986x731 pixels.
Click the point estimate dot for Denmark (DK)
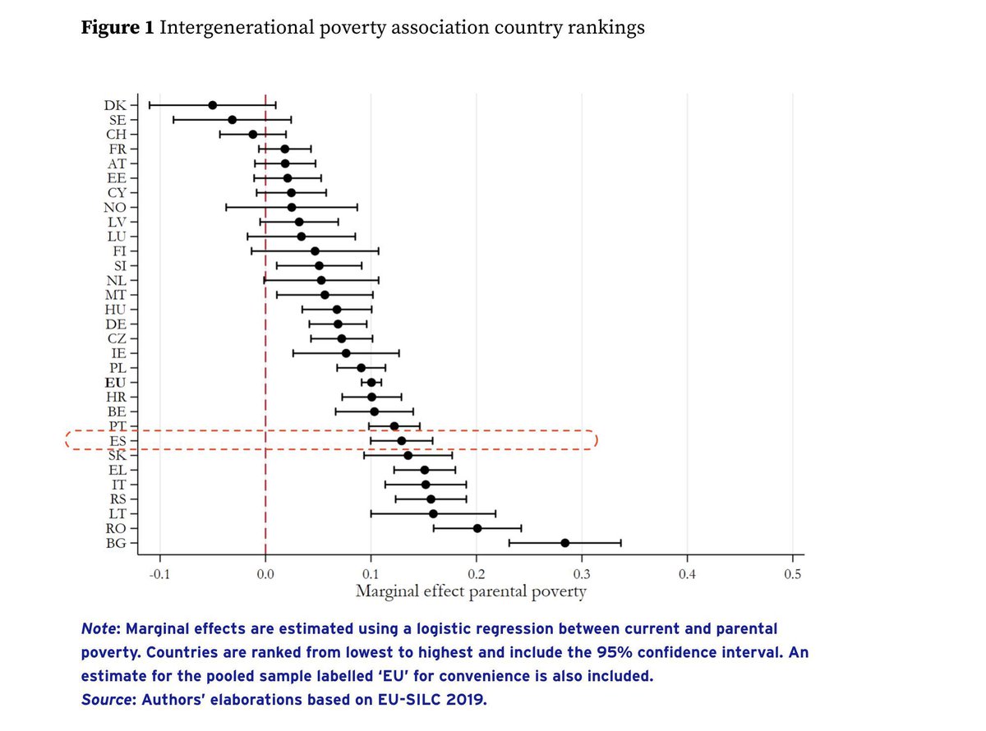[x=213, y=105]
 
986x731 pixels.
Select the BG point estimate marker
[x=564, y=543]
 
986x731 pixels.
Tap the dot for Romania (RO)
[x=477, y=528]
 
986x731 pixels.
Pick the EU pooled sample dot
[x=371, y=382]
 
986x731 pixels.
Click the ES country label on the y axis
[x=117, y=441]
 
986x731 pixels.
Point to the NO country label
[x=116, y=207]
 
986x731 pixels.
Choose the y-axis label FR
[x=117, y=149]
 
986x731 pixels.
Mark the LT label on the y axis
[x=117, y=514]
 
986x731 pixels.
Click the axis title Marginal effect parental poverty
[x=471, y=591]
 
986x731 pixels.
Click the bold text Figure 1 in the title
[x=116, y=28]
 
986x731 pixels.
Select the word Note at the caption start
[x=98, y=629]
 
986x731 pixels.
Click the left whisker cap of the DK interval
[x=149, y=105]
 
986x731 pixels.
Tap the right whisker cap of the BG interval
[x=621, y=543]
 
